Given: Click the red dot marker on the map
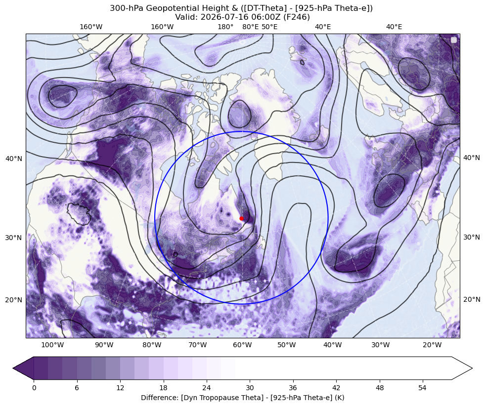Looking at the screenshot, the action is tap(241, 218).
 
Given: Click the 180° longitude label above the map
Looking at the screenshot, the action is tap(225, 27).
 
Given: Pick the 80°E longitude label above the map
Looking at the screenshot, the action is tap(250, 27).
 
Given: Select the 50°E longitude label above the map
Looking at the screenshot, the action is tap(269, 27).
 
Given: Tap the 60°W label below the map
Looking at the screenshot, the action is tap(242, 345).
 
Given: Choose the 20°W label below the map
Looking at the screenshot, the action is tap(432, 345).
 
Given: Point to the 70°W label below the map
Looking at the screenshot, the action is tap(198, 345).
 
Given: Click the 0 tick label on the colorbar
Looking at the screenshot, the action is tap(34, 388).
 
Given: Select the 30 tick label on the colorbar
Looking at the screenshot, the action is tap(250, 388).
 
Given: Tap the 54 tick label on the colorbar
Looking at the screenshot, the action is tap(423, 388).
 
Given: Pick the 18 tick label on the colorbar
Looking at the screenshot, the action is tap(163, 388).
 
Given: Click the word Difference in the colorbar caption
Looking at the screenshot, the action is tap(158, 398).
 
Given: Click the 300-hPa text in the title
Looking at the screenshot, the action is tap(127, 8).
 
